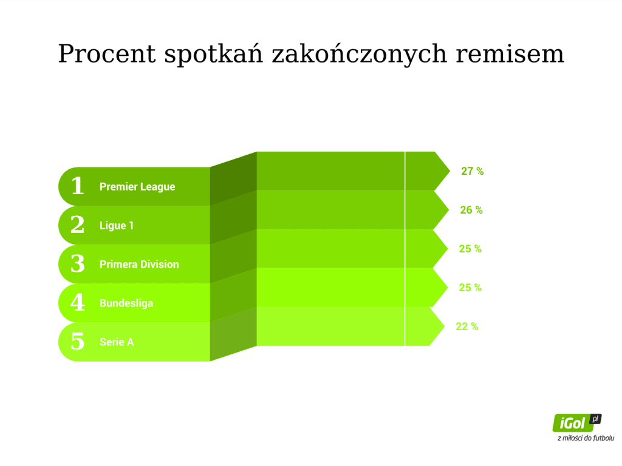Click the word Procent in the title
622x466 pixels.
(107, 54)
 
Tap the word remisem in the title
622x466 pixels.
(510, 54)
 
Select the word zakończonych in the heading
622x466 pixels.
(360, 54)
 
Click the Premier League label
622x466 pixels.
(137, 187)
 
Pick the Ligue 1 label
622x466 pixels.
(117, 226)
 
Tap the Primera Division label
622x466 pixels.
(139, 265)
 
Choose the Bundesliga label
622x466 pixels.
(126, 303)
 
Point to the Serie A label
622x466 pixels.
(117, 342)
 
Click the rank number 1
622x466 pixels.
(78, 186)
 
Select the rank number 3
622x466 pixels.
(78, 263)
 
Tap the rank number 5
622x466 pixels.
(78, 341)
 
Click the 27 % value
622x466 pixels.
(472, 171)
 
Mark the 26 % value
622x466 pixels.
(471, 210)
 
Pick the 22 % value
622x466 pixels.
(467, 326)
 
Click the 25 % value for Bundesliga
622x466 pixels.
(470, 288)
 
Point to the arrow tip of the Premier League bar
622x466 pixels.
(450, 171)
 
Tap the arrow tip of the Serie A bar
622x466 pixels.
(444, 326)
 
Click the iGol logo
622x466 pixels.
(577, 423)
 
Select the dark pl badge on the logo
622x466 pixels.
(595, 419)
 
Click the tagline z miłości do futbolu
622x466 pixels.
(586, 438)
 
